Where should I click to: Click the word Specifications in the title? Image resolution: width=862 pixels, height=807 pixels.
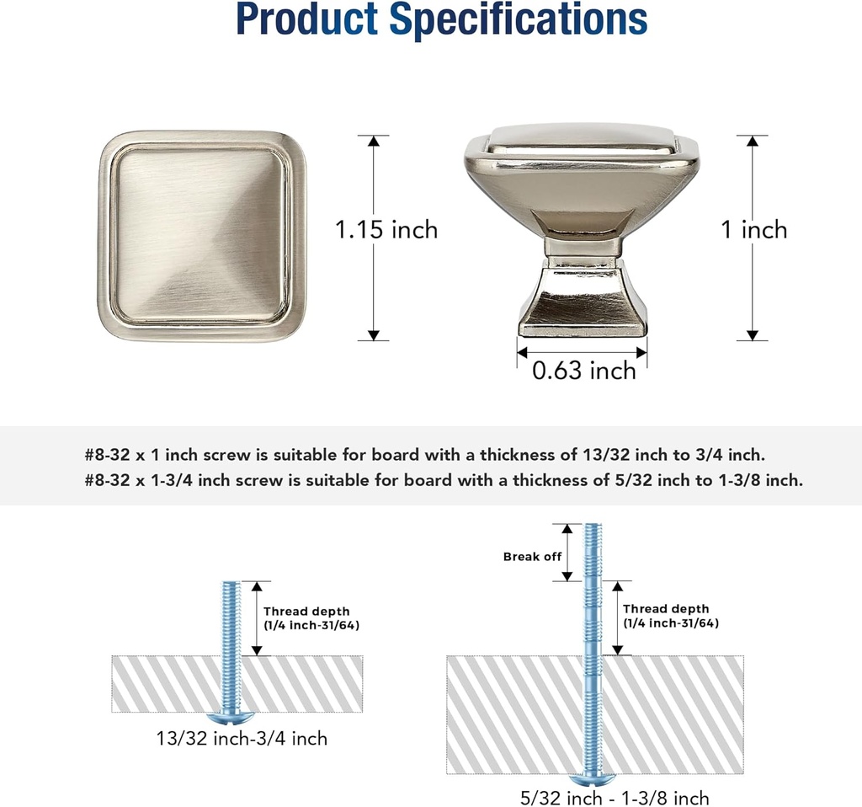click(518, 20)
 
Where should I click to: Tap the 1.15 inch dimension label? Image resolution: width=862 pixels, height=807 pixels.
click(386, 229)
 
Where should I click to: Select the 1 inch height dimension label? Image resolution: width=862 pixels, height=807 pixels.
click(753, 229)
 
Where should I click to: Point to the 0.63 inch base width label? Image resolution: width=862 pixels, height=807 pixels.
click(584, 370)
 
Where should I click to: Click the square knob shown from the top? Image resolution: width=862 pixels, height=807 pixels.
click(202, 236)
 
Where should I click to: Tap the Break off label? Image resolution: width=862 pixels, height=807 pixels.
click(532, 556)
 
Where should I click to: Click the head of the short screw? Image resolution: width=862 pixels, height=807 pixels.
click(231, 718)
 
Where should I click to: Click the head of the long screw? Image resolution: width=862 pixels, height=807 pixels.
click(592, 780)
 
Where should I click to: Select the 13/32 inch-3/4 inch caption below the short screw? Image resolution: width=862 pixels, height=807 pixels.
click(242, 738)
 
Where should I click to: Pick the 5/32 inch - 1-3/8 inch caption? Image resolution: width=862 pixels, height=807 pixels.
click(615, 798)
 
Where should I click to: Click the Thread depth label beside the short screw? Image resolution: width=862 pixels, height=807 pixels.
click(311, 618)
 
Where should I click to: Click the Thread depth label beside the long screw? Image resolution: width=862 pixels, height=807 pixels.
click(671, 616)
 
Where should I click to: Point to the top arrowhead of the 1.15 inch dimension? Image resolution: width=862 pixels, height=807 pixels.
click(374, 141)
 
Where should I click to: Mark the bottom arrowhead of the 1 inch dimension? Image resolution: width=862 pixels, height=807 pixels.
click(753, 335)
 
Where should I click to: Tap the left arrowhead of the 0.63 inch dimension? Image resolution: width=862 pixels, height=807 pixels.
click(522, 352)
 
